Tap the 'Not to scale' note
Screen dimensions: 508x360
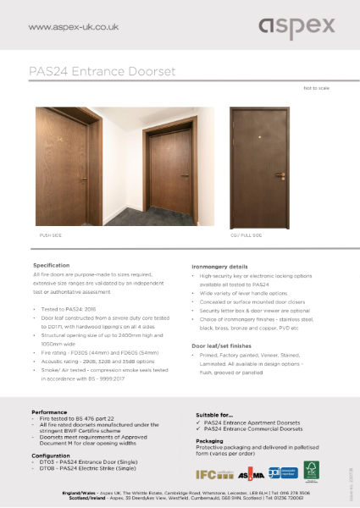pyautogui.click(x=313, y=88)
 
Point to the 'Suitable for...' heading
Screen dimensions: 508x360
pyautogui.click(x=214, y=413)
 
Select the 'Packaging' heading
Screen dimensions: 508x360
pyautogui.click(x=209, y=440)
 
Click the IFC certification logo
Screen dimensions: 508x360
pyautogui.click(x=208, y=476)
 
